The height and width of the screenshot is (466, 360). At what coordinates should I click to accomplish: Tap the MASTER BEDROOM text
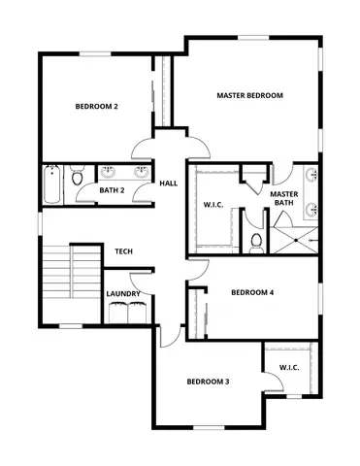coord(249,95)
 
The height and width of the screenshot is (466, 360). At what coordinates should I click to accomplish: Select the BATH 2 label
coord(113,189)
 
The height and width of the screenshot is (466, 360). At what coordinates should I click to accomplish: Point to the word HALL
coord(169,183)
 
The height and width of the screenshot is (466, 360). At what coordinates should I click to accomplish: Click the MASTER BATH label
coord(283,199)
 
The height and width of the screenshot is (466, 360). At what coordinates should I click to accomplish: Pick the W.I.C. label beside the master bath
coord(214,205)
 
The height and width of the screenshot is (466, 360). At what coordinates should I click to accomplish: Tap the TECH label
coord(123,251)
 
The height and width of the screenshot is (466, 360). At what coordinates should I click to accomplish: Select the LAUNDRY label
coord(123,294)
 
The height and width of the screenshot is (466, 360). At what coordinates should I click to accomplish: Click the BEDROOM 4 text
coord(252,292)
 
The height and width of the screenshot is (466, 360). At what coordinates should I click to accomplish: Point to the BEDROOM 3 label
coord(208,382)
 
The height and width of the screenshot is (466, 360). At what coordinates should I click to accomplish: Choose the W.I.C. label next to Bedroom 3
coord(289,367)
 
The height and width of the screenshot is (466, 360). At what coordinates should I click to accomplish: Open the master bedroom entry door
coord(197,146)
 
